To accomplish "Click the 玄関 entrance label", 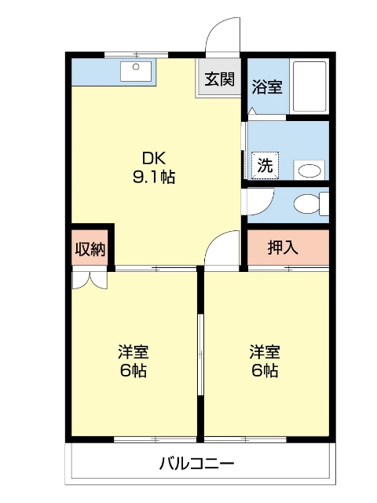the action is pyautogui.click(x=220, y=79).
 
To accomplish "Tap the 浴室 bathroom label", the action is pyautogui.click(x=267, y=86).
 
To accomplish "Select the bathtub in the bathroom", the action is pyautogui.click(x=309, y=86).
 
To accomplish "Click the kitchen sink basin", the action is pyautogui.click(x=136, y=72).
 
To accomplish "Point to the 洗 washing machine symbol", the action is pyautogui.click(x=265, y=166).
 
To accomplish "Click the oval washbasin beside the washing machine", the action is pyautogui.click(x=309, y=171).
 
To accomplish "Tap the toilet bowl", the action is pyautogui.click(x=306, y=204).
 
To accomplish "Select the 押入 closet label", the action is pyautogui.click(x=283, y=248).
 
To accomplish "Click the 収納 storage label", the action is pyautogui.click(x=90, y=248).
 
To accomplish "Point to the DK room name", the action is pyautogui.click(x=154, y=159).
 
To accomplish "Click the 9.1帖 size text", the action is pyautogui.click(x=154, y=177).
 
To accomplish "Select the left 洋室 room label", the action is pyautogui.click(x=134, y=352).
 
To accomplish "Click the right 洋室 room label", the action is pyautogui.click(x=265, y=352).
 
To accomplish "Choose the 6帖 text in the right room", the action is pyautogui.click(x=265, y=371).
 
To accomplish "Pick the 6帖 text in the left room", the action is pyautogui.click(x=134, y=371).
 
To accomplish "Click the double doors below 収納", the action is pyautogui.click(x=90, y=280).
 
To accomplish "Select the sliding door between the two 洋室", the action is pyautogui.click(x=201, y=354).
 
